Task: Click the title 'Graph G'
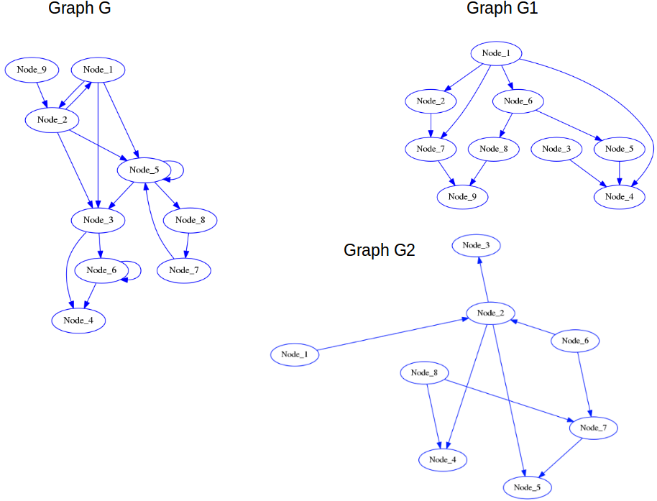[x=79, y=9]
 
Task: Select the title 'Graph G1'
[x=502, y=9]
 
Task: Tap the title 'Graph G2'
[x=379, y=250]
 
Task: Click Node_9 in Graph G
[x=32, y=70]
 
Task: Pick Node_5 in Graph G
[x=143, y=170]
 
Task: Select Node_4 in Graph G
[x=78, y=320]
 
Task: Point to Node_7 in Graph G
[x=183, y=270]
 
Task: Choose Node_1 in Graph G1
[x=495, y=53]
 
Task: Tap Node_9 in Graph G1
[x=462, y=196]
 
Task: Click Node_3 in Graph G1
[x=556, y=149]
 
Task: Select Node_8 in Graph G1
[x=494, y=149]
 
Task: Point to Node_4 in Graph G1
[x=620, y=196]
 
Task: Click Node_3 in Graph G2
[x=476, y=245]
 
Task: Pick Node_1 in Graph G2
[x=295, y=354]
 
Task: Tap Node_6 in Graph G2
[x=575, y=341]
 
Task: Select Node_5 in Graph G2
[x=528, y=487]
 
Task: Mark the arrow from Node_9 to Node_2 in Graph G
[x=42, y=93]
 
